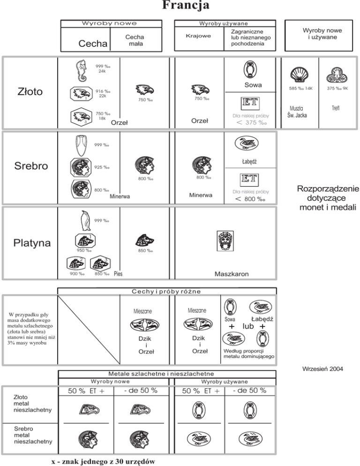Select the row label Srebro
tap(29, 166)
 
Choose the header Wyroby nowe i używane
tap(322, 33)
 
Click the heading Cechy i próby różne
tap(166, 291)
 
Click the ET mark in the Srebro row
tap(249, 179)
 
